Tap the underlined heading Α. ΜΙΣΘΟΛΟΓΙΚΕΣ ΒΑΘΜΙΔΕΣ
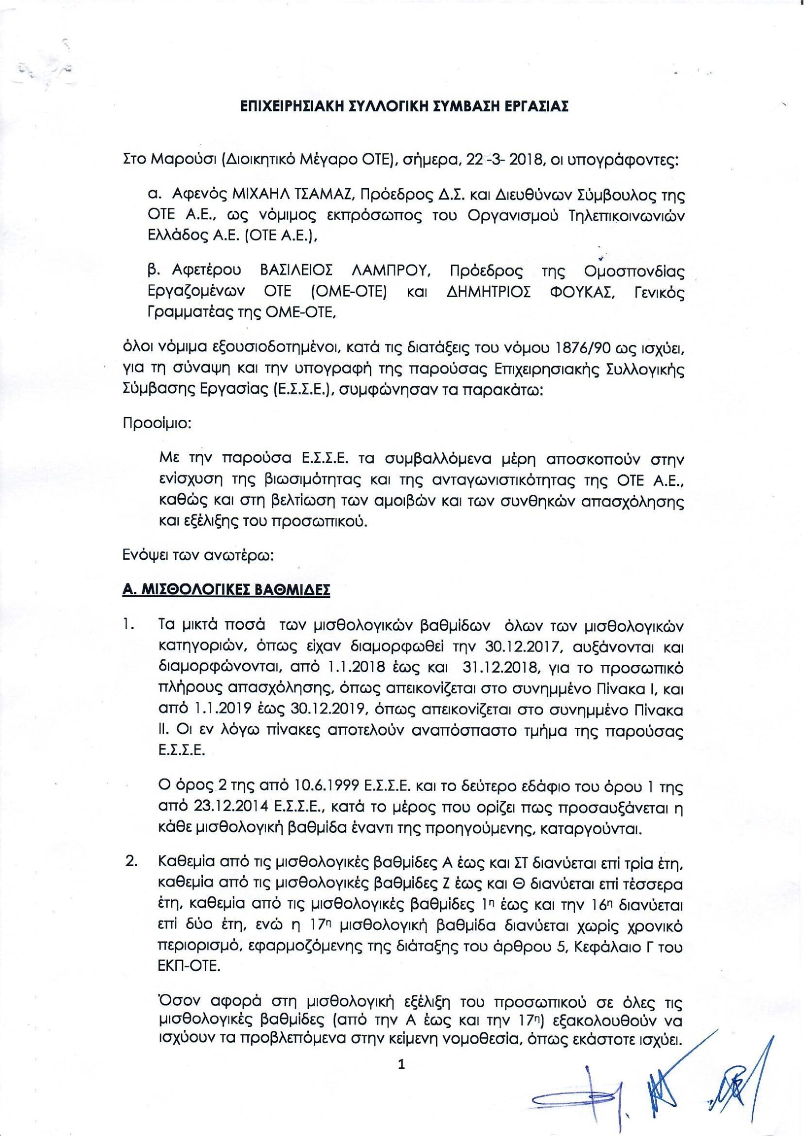point(226,592)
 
